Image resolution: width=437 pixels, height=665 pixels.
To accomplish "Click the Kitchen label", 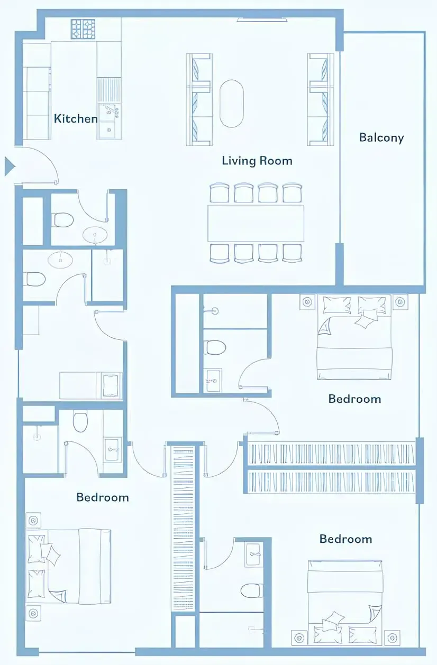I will pos(76,118).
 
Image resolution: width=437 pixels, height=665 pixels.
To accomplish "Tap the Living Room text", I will pos(257,160).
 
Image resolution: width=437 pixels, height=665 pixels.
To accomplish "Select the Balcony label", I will pos(381,137).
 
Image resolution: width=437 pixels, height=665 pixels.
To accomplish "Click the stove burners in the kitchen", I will pos(83,29).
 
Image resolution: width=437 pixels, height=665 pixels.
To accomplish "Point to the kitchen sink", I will pos(110,111).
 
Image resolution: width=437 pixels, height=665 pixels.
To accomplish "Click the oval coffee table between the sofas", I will pos(231,104).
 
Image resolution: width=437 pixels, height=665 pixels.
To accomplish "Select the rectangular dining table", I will pos(256,223).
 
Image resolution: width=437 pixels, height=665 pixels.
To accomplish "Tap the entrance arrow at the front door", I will pos(10,166).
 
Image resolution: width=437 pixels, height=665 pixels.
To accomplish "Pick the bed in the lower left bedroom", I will pos(70,566).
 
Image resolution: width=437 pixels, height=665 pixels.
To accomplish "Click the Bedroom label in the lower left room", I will pos(102,497).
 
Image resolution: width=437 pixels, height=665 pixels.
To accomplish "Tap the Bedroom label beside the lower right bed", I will pos(345,539).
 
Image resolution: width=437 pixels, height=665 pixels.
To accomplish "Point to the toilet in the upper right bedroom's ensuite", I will pos(215,347).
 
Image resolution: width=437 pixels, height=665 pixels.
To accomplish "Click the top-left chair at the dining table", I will pos(219,193).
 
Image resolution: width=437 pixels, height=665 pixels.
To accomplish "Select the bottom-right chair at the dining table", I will pos(292,253).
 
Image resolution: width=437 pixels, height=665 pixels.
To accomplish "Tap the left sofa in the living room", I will pos(198,99).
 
